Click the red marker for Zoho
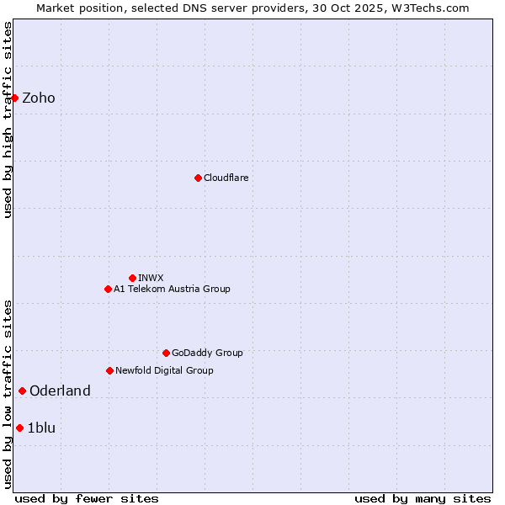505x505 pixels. pyautogui.click(x=14, y=98)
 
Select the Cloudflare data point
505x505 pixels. pyautogui.click(x=198, y=178)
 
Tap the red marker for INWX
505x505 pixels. pyautogui.click(x=132, y=278)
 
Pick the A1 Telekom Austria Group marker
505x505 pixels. pyautogui.click(x=108, y=289)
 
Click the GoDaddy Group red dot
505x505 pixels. pyautogui.click(x=166, y=353)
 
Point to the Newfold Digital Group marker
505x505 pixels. pyautogui.click(x=109, y=370)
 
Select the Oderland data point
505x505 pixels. pyautogui.click(x=22, y=391)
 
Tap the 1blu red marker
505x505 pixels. pyautogui.click(x=19, y=428)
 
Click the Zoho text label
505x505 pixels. pyautogui.click(x=39, y=98)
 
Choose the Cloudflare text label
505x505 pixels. pyautogui.click(x=226, y=178)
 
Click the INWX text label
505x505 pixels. pyautogui.click(x=151, y=278)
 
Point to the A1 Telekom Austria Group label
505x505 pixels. pyautogui.click(x=172, y=289)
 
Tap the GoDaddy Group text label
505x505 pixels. pyautogui.click(x=207, y=353)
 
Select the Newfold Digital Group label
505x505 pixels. pyautogui.click(x=164, y=370)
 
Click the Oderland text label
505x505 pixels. pyautogui.click(x=60, y=391)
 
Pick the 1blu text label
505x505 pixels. pyautogui.click(x=42, y=428)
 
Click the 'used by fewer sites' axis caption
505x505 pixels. pyautogui.click(x=87, y=498)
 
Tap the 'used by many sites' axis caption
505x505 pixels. pyautogui.click(x=423, y=498)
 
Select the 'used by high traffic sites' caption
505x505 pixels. pyautogui.click(x=8, y=120)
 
